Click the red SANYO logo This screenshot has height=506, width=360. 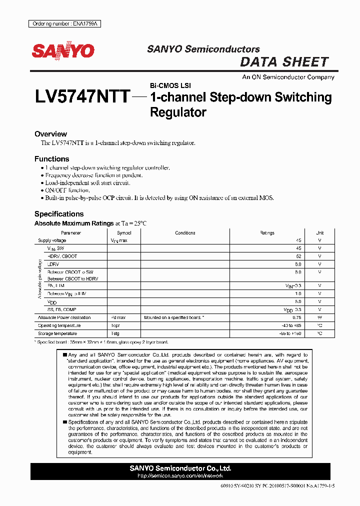tap(63, 50)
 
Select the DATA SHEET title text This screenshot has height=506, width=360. tap(284, 62)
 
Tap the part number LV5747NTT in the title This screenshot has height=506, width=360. tap(82, 96)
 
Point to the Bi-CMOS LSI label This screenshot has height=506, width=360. tap(170, 85)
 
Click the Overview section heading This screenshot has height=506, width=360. tap(50, 134)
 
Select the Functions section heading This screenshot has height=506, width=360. tap(52, 159)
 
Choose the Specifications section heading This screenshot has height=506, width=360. tap(59, 214)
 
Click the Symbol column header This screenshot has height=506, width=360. tap(124, 233)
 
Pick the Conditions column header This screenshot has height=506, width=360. tap(185, 233)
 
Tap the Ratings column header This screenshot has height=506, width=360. tap(267, 233)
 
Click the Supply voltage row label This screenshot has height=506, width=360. tap(51, 240)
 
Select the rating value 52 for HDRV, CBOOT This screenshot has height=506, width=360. tap(298, 256)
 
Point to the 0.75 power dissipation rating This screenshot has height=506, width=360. tap(297, 317)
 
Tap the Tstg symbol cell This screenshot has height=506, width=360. tap(115, 333)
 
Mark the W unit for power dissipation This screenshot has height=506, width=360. tap(320, 317)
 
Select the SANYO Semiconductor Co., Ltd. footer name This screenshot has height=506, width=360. tap(180, 468)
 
